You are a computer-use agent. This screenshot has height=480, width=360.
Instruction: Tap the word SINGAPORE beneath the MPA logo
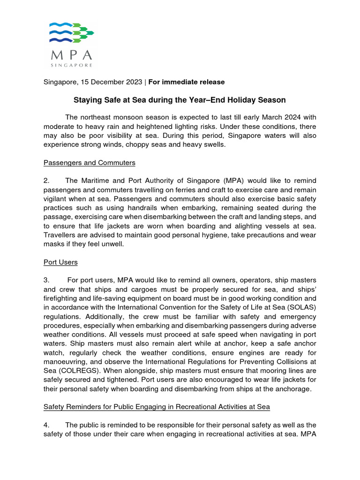click(72, 65)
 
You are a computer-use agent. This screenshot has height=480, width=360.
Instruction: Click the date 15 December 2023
click(111, 82)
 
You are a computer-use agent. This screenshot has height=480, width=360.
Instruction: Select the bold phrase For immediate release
click(187, 82)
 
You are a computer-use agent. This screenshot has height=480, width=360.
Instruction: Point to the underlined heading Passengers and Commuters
click(89, 163)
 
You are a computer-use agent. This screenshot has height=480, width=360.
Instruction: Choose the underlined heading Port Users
click(60, 262)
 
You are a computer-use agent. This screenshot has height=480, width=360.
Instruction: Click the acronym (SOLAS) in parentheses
click(301, 307)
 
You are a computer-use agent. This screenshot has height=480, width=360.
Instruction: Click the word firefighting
click(62, 298)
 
